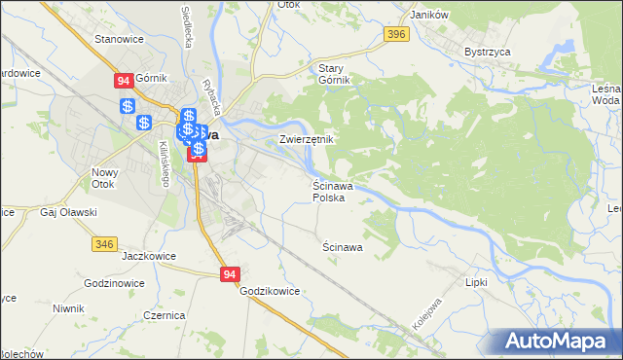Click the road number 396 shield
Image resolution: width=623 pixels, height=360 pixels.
(394, 35)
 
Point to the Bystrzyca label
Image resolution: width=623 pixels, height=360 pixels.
(487, 52)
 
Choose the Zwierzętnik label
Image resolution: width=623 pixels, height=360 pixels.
(307, 139)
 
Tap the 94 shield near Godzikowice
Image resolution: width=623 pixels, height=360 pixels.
(229, 275)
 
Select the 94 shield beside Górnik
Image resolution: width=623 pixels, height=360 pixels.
(124, 82)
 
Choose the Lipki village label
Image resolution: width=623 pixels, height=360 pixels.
(476, 282)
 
